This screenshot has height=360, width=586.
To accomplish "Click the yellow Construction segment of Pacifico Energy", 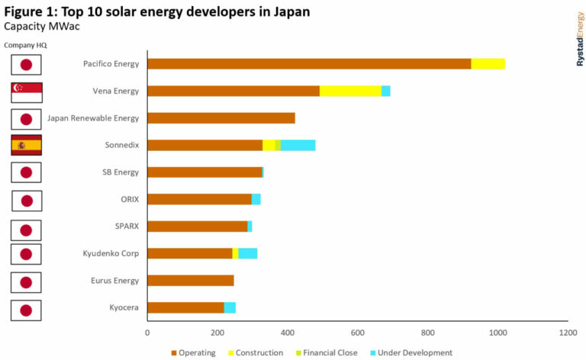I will (x=488, y=63).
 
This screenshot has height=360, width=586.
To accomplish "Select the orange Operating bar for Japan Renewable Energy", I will (x=221, y=118).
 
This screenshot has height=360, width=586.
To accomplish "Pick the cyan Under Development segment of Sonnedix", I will (x=298, y=145).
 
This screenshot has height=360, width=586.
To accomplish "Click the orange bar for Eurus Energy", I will (x=190, y=281).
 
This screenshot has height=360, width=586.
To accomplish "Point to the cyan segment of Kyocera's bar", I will (x=230, y=307).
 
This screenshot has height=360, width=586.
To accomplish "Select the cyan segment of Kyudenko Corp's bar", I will (x=247, y=253).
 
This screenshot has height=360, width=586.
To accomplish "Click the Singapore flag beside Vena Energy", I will (x=26, y=92).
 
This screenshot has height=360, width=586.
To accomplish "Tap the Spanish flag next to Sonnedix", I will (x=26, y=145).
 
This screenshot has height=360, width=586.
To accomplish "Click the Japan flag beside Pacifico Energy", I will (x=26, y=64).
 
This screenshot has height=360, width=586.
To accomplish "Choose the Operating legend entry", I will (x=193, y=352).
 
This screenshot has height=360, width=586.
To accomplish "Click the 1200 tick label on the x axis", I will (x=567, y=333).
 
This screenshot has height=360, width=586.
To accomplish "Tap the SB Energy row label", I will (x=120, y=172).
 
